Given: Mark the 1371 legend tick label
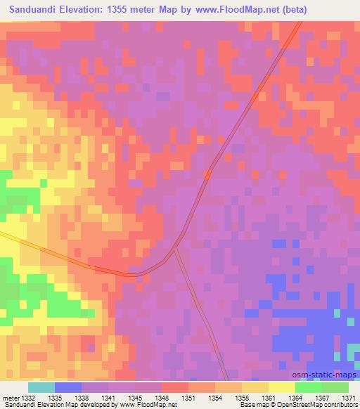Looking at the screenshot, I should (x=349, y=398).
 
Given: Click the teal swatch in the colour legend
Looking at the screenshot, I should (x=41, y=387).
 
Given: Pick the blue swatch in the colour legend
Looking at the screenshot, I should (x=68, y=387).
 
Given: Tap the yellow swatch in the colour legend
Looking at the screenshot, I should (x=282, y=387).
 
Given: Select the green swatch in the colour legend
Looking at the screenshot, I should (x=309, y=387).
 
